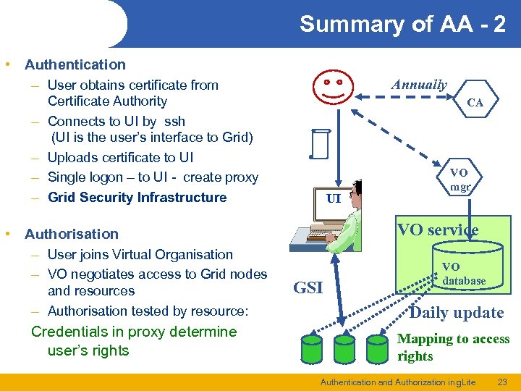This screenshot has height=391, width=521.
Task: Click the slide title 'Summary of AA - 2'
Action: [x=402, y=24]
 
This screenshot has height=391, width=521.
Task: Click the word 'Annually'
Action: [x=419, y=85]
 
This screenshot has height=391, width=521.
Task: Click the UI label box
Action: [x=333, y=198]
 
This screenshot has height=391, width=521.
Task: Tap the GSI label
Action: [x=308, y=288]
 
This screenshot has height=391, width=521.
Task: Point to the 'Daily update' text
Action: [x=456, y=313]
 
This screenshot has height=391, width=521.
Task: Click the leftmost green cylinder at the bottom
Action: [x=311, y=348]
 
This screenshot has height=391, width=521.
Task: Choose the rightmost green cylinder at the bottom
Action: [x=377, y=348]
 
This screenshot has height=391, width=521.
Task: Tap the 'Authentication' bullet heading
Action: [x=75, y=64]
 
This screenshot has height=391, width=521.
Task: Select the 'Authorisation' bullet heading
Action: [x=71, y=234]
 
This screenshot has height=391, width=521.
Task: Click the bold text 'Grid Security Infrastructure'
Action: [x=137, y=198]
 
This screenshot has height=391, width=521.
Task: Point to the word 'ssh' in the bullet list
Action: [x=174, y=121]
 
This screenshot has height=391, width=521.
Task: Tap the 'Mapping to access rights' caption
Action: [x=453, y=348]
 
